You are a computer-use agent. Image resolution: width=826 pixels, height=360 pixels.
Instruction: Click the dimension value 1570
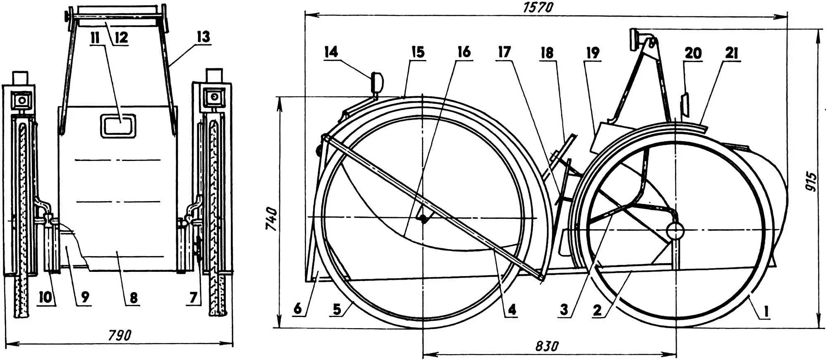(538, 7)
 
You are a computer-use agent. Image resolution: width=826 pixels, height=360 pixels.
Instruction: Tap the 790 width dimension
(120, 334)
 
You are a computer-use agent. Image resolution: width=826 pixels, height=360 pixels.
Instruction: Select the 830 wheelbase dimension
(546, 346)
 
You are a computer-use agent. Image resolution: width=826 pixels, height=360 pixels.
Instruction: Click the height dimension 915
(812, 181)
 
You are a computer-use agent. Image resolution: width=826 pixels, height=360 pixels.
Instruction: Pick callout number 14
(331, 52)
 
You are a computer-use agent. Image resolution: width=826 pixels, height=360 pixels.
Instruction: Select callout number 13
(203, 37)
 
